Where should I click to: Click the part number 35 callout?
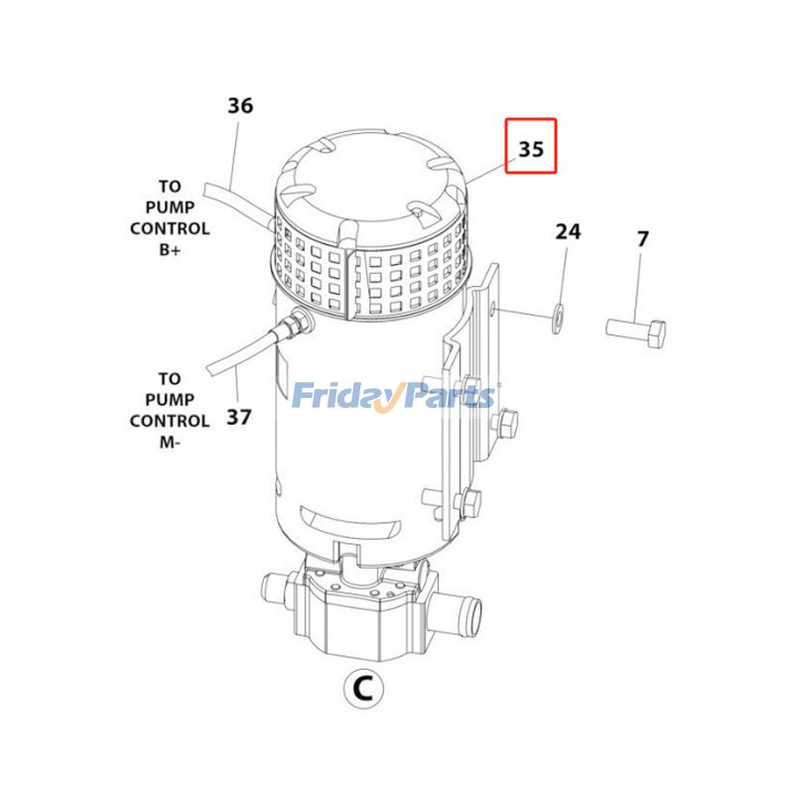pos(531,150)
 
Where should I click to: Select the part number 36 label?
pos(240,105)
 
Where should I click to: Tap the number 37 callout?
pos(238,417)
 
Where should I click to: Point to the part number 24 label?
pos(567,232)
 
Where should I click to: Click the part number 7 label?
pos(642,239)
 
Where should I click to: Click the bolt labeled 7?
pos(637,331)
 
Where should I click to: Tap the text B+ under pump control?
pos(171,250)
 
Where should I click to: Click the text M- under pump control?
pos(170,442)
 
